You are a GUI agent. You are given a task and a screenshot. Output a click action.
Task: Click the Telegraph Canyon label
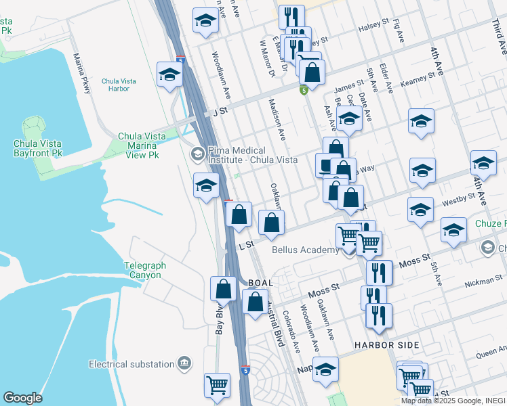pyautogui.click(x=144, y=271)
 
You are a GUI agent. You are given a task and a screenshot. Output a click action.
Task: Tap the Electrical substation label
pyautogui.click(x=131, y=364)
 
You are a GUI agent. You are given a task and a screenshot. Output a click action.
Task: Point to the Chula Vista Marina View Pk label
pyautogui.click(x=142, y=145)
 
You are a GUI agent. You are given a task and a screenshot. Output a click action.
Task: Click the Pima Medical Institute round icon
pyautogui.click(x=197, y=153)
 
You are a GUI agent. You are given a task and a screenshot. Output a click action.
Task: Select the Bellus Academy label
pyautogui.click(x=304, y=250)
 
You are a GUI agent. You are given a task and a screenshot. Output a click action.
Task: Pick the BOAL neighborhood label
pyautogui.click(x=261, y=283)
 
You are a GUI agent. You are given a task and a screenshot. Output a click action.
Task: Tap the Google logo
pyautogui.click(x=22, y=398)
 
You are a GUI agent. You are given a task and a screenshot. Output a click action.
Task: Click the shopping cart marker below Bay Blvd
pyautogui.click(x=217, y=386)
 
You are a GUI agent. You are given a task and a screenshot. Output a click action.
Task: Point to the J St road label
pyautogui.click(x=218, y=110)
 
